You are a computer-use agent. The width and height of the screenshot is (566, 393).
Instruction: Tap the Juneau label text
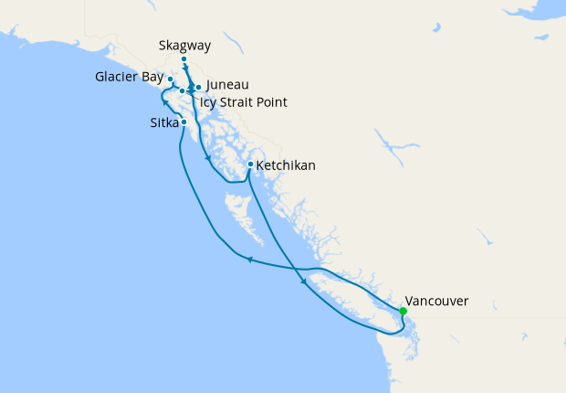coord(227,85)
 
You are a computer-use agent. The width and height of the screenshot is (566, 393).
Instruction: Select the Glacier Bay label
coord(129,77)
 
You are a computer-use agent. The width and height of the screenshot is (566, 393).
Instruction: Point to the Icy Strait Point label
coord(243,102)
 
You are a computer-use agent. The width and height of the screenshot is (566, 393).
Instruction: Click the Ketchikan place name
coord(286,165)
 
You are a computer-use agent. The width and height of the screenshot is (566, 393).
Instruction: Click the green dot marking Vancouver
coord(404,311)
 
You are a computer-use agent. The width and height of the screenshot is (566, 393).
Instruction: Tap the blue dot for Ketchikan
coord(250,165)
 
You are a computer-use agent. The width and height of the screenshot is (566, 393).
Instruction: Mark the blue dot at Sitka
coord(184,122)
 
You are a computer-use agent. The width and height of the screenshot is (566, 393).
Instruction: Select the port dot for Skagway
coord(184,59)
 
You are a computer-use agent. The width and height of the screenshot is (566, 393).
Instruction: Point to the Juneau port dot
coord(198,88)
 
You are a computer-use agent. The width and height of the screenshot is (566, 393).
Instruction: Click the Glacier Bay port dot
coord(171,80)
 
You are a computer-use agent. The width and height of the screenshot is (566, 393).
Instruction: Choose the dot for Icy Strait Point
coord(183,90)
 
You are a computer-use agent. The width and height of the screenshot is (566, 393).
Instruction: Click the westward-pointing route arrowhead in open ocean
coord(249,260)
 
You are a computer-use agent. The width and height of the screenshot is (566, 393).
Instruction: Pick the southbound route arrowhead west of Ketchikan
coord(209,159)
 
